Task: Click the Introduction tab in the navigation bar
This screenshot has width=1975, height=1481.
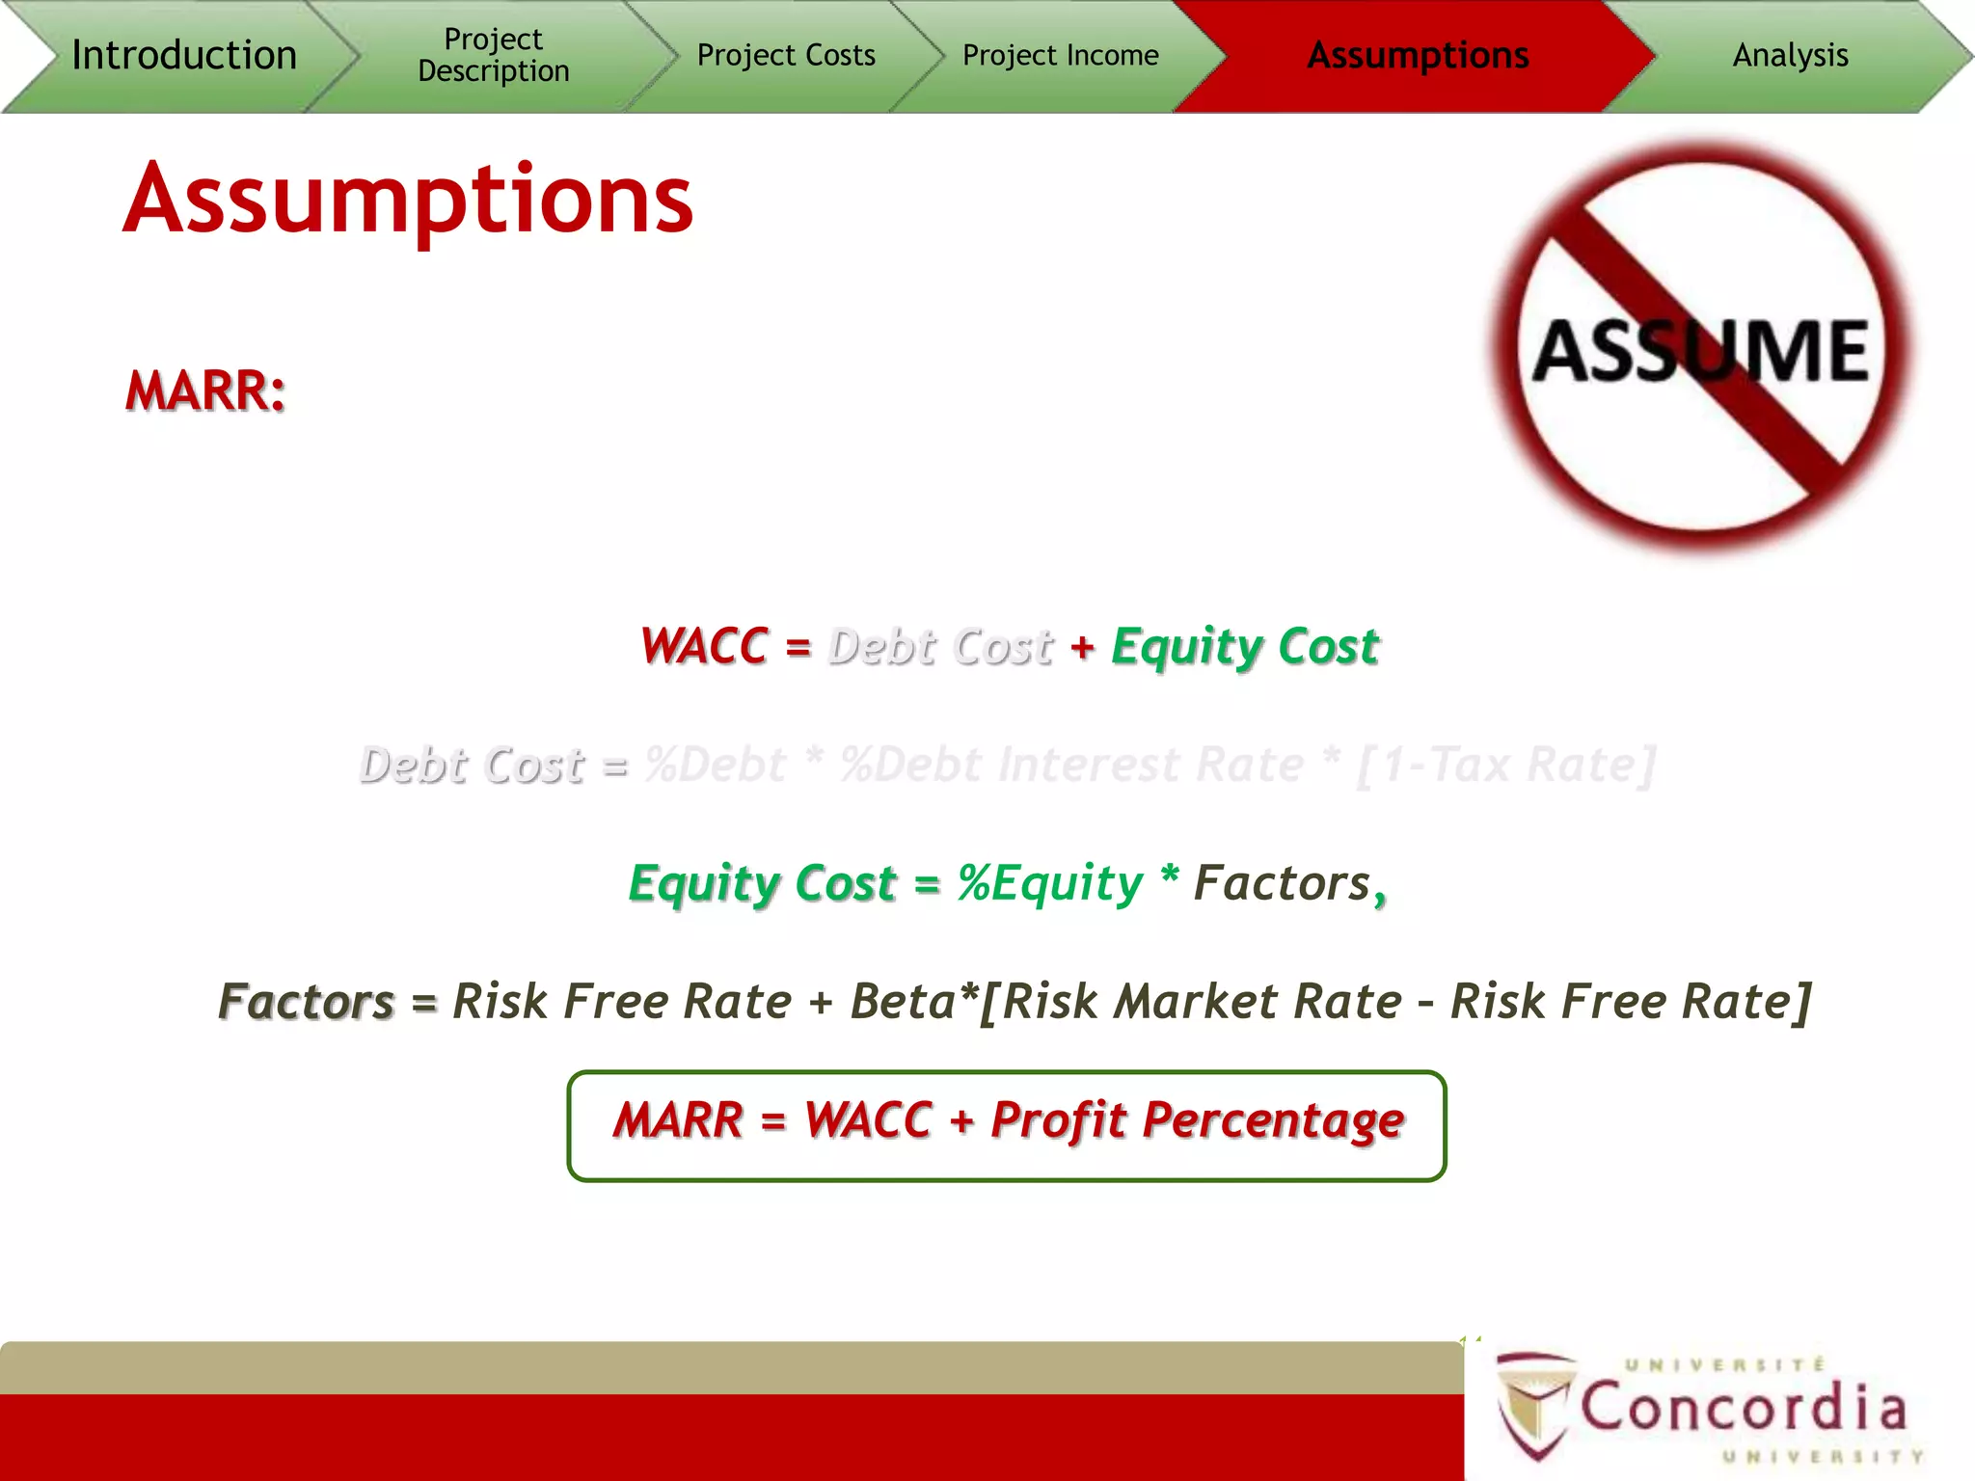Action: tap(183, 55)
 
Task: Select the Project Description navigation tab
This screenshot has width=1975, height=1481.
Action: tap(493, 55)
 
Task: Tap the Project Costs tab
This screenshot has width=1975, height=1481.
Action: tap(786, 55)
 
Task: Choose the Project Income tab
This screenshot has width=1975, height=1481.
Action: tap(1060, 55)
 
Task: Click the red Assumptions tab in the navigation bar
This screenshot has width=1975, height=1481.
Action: tap(1417, 55)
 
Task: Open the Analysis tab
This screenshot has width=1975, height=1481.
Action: tap(1790, 55)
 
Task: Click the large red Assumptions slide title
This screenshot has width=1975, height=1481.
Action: tap(408, 200)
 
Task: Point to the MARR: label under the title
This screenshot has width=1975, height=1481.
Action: tap(205, 391)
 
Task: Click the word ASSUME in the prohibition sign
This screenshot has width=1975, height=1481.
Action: tap(1700, 351)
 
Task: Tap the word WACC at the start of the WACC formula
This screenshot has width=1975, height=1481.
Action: tap(705, 646)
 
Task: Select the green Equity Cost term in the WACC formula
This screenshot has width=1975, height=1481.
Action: tap(1245, 647)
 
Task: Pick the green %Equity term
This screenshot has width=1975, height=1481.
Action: tap(1049, 883)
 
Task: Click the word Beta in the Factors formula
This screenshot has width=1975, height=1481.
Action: tap(903, 1001)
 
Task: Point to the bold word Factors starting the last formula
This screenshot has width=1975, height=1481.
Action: tap(307, 1001)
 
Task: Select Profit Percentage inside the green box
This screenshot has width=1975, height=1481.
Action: tap(1197, 1121)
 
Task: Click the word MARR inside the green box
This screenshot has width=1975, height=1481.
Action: tap(678, 1121)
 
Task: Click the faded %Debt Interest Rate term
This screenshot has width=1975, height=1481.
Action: tap(1071, 766)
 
